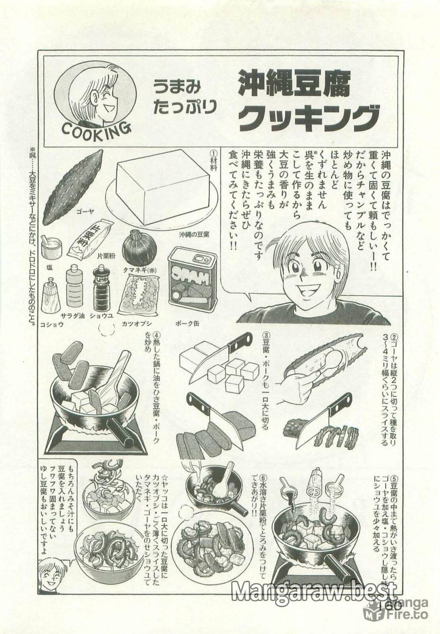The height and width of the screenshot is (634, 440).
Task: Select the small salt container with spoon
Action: (x=51, y=247)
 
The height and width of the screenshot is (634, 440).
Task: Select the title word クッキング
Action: (x=309, y=117)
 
